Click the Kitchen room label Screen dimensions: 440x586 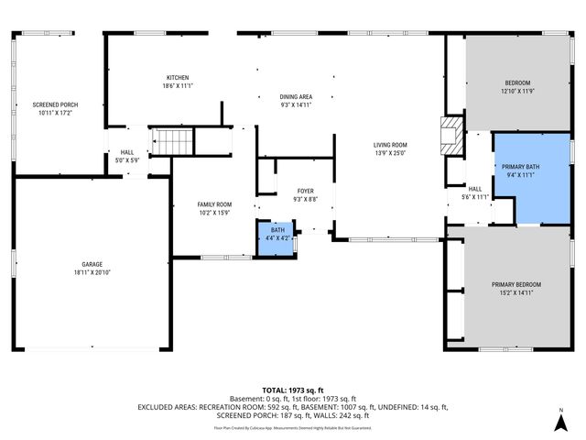coord(178,77)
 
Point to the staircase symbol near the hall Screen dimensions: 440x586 coord(172,141)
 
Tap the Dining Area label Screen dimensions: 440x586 coord(296,97)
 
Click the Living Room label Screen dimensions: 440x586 coord(390,145)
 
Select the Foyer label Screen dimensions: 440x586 coord(305,191)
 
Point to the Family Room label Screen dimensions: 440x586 coord(215,204)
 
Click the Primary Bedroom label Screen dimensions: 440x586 coord(515,284)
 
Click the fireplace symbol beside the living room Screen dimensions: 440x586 coord(451,136)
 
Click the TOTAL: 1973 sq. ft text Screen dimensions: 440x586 coord(292,390)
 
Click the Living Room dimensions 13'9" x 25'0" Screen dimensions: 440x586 coord(390,153)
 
